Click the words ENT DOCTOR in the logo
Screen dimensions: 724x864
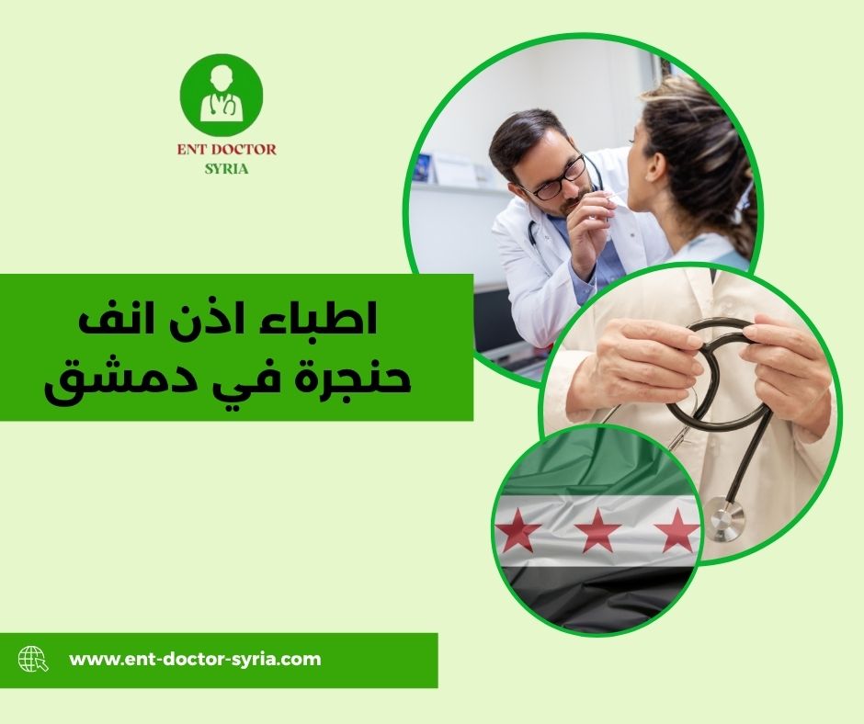[x=225, y=149]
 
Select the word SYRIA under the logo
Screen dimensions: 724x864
[x=225, y=170]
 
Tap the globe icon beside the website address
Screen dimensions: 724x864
[x=32, y=659]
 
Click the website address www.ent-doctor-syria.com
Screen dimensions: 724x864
[x=195, y=659]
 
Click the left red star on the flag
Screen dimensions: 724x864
[x=519, y=530]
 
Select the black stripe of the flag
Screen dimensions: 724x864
[x=597, y=597]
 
